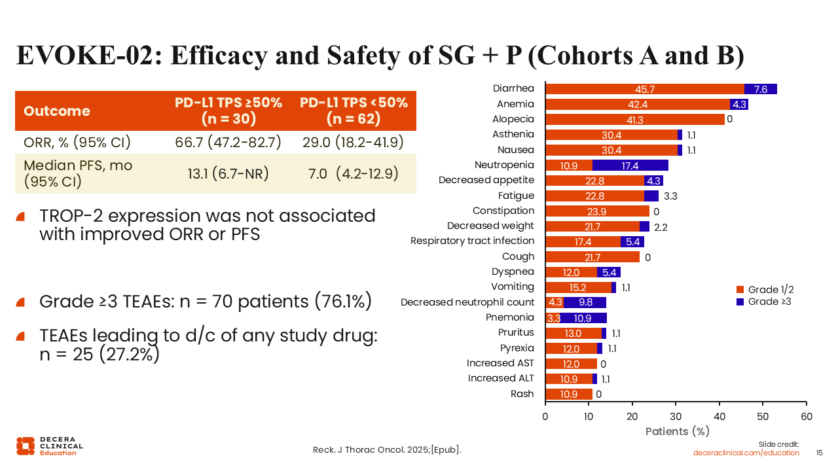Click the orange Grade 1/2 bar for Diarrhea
[x=644, y=89]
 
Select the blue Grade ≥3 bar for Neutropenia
[x=630, y=165]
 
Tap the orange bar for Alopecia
[x=635, y=119]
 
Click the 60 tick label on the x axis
[x=807, y=417]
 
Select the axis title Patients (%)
[x=677, y=431]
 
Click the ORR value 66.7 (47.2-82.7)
[x=228, y=142]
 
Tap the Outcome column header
[x=57, y=111]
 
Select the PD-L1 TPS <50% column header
[x=354, y=111]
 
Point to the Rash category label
[x=522, y=394]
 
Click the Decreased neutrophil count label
[x=467, y=302]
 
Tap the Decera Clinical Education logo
[x=50, y=445]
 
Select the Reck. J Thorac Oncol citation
[x=387, y=450]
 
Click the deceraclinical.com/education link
[x=746, y=453]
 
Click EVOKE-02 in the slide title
[x=84, y=56]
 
